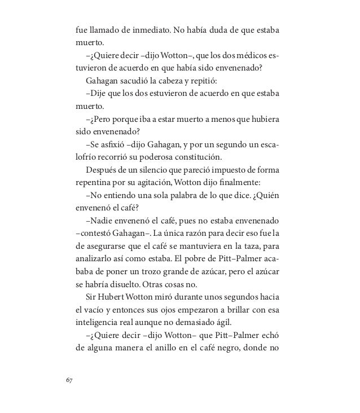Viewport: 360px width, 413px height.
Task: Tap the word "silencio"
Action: pyautogui.click(x=146, y=170)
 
